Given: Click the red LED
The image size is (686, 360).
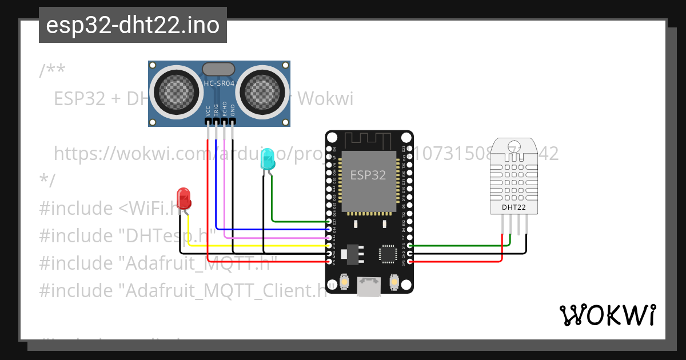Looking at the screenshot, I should pyautogui.click(x=184, y=198).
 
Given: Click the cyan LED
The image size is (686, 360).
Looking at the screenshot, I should pyautogui.click(x=267, y=159).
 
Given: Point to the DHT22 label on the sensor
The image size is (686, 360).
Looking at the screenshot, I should pyautogui.click(x=513, y=207).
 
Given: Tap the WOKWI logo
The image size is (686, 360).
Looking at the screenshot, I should pyautogui.click(x=607, y=315).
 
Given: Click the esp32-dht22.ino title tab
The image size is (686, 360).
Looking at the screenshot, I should pyautogui.click(x=133, y=25).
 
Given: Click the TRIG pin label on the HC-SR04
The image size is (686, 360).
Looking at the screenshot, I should pyautogui.click(x=216, y=110).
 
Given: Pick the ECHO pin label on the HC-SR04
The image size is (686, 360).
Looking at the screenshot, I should pyautogui.click(x=225, y=109).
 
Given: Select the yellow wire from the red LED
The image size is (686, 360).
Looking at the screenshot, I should pyautogui.click(x=257, y=245).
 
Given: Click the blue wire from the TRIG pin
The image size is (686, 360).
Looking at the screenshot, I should pyautogui.click(x=269, y=229).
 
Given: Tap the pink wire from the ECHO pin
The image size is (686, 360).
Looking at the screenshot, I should pyautogui.click(x=274, y=237).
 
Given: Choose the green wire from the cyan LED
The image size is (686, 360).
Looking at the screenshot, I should pyautogui.click(x=297, y=221).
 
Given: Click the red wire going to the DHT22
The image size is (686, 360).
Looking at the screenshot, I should pyautogui.click(x=457, y=261).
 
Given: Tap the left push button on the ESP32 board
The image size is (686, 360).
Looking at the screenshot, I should pyautogui.click(x=345, y=281).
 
